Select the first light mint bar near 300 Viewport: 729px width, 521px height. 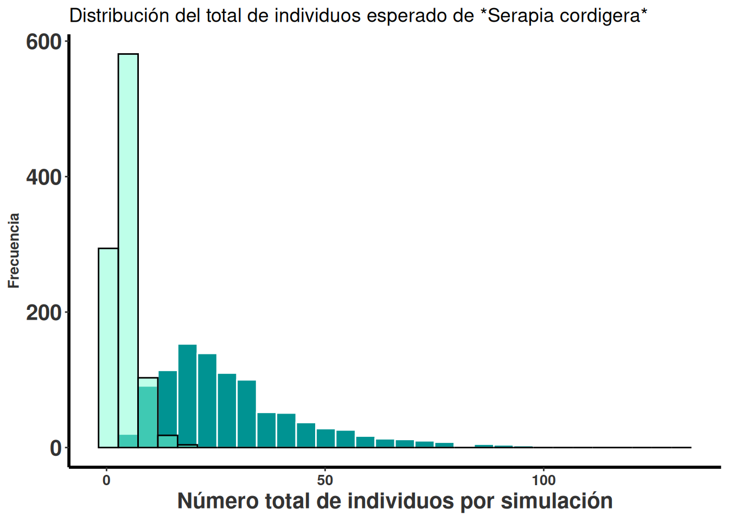[x=108, y=347]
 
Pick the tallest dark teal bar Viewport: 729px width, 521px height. [x=187, y=396]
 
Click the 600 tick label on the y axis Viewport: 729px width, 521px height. [x=43, y=42]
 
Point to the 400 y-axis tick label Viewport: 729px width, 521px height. [x=43, y=177]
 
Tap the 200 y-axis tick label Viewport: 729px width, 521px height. [x=43, y=313]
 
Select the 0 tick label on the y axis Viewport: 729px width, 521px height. [x=55, y=448]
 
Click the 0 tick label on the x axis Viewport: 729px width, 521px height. [x=106, y=480]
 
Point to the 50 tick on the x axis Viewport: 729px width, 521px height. [x=325, y=480]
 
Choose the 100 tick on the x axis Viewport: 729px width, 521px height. [x=543, y=480]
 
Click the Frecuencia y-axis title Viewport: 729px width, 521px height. [x=14, y=250]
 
